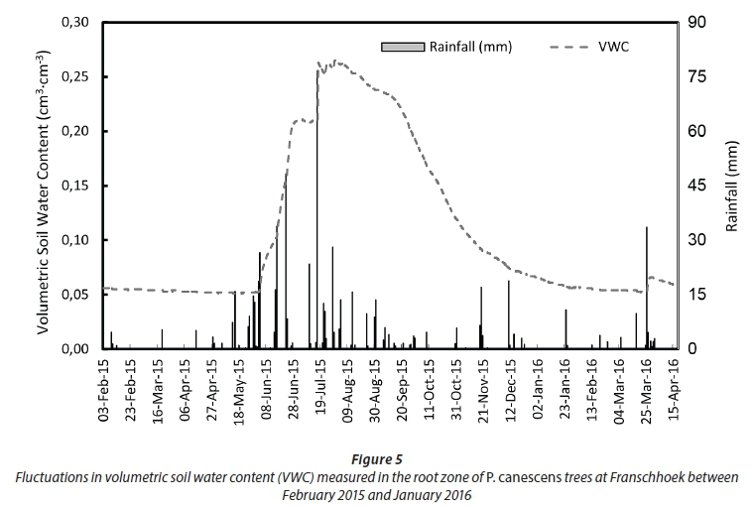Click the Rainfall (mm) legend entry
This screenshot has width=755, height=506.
pos(451,46)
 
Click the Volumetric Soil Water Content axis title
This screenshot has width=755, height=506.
pos(45,187)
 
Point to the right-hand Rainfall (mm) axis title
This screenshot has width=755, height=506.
pos(732,187)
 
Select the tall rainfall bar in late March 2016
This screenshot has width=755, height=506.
pos(647,288)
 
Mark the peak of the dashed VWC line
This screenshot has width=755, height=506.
pos(337,62)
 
